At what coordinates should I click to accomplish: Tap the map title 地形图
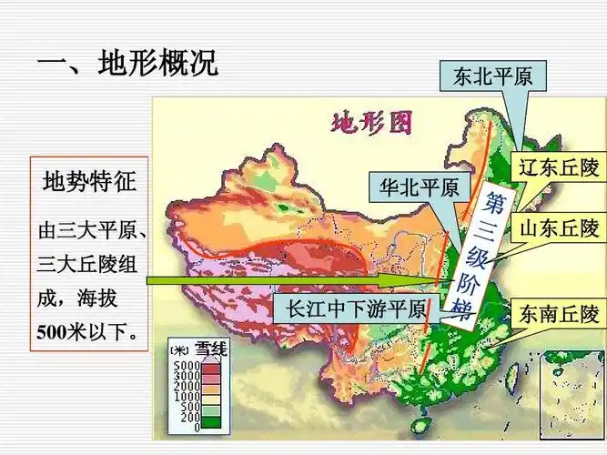[370, 122]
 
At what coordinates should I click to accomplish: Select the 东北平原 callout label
[492, 77]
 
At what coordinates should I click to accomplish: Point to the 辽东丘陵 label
[559, 168]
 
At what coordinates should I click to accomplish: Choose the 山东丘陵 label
[559, 227]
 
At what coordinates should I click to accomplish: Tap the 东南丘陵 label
[559, 315]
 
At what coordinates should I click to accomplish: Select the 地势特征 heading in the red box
[89, 181]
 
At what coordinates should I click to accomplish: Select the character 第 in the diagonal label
[492, 200]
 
